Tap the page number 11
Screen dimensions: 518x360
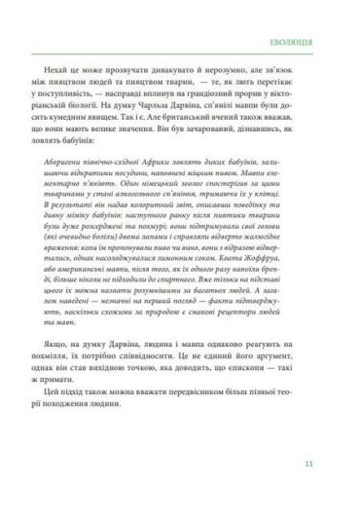[306, 462]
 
